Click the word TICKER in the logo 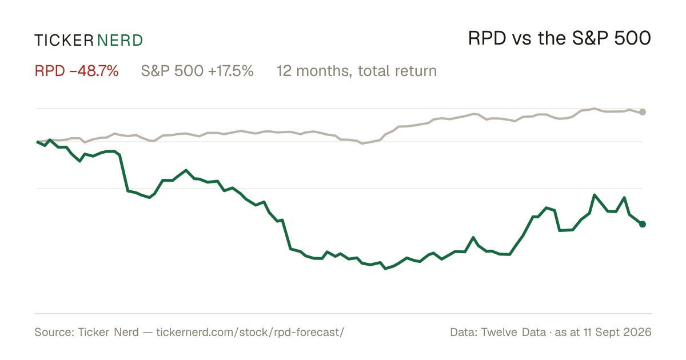[x=63, y=41]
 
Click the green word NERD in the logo [x=119, y=41]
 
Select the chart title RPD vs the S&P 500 [x=560, y=38]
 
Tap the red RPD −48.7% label [x=77, y=71]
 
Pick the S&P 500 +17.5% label [x=197, y=71]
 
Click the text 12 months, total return [x=357, y=71]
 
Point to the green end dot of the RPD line [x=643, y=224]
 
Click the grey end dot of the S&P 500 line [x=643, y=112]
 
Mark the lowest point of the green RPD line [x=385, y=269]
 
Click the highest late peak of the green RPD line [x=595, y=195]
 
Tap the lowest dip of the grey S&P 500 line [x=362, y=143]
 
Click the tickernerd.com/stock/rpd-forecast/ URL [x=250, y=332]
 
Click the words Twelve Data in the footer [x=513, y=332]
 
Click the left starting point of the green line [x=37, y=142]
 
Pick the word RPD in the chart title [x=487, y=38]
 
